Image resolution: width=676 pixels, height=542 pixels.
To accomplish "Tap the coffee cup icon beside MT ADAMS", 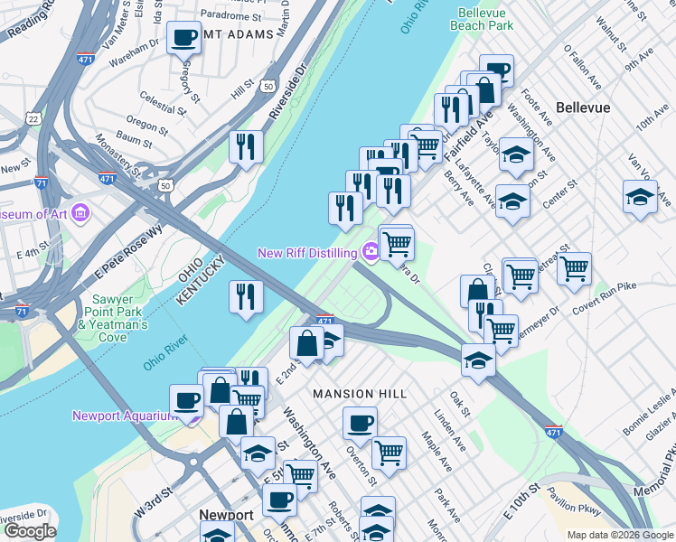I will (185, 39).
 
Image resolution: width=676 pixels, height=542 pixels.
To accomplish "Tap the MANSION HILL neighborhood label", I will (360, 394).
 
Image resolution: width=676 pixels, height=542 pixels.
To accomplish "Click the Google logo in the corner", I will (30, 530).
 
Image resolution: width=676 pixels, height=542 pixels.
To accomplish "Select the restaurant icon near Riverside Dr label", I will (246, 146).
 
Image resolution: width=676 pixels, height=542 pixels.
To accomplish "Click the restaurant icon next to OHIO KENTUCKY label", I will (246, 295).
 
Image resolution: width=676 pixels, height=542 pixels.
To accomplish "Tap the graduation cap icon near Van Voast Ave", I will (640, 197).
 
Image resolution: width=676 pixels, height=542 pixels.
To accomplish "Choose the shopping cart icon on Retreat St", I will (574, 268).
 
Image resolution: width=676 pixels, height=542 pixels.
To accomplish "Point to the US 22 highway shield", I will (33, 118).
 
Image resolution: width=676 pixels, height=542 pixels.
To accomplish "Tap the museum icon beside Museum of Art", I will (81, 214).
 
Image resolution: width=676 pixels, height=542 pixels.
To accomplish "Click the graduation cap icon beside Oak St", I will (478, 360).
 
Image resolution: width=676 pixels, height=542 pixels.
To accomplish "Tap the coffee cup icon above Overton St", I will (360, 423).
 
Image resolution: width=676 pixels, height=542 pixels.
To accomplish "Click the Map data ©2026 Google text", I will (620, 534).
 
